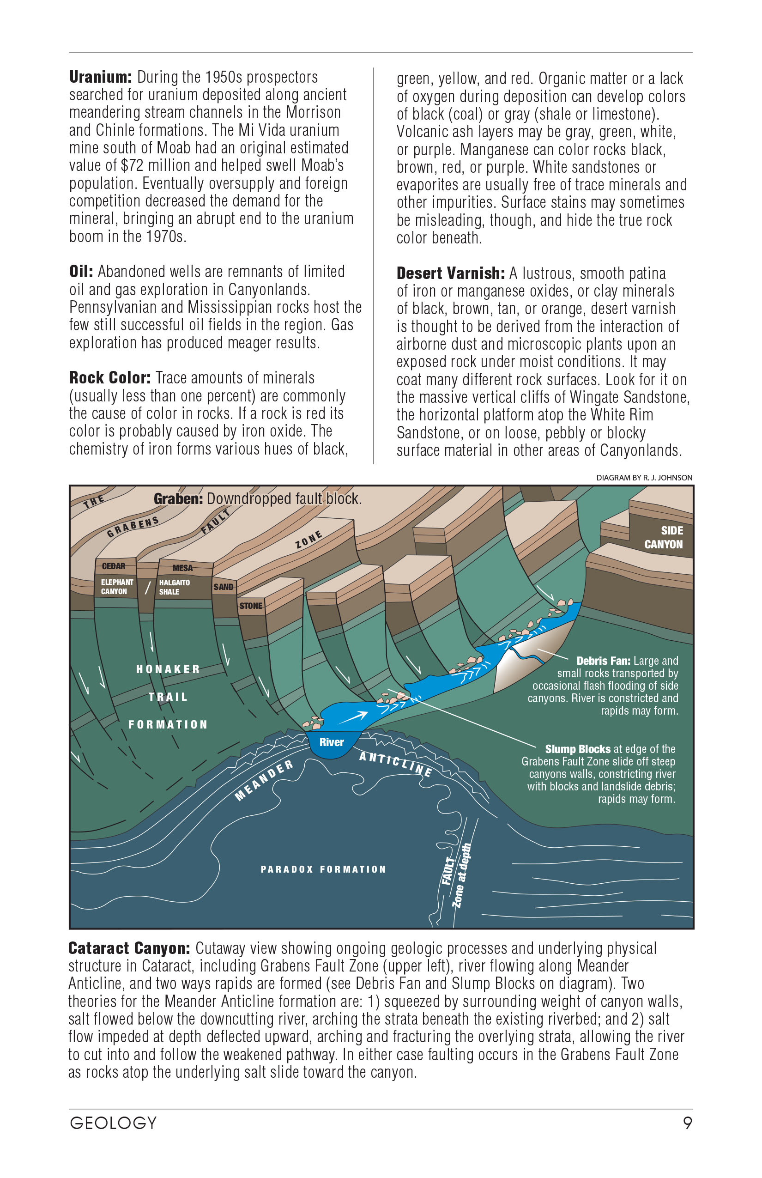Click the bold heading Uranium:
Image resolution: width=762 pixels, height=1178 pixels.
click(101, 77)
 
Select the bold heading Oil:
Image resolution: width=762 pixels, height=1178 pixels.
click(81, 272)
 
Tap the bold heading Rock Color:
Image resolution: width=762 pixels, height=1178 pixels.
click(110, 378)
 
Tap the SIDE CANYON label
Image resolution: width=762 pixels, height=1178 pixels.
click(664, 538)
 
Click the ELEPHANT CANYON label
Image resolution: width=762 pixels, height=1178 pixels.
click(117, 587)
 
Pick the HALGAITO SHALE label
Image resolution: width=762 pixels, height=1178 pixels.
click(174, 587)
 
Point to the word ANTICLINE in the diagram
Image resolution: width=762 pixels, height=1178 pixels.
click(395, 764)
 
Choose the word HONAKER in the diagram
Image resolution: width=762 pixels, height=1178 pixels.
click(168, 669)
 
